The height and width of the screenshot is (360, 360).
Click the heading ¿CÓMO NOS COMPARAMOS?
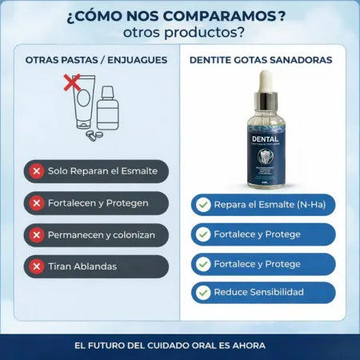click(179, 16)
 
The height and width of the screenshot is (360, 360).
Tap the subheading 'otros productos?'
click(179, 34)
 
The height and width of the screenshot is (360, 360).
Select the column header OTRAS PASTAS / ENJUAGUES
click(97, 59)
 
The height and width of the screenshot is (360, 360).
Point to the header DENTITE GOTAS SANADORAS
click(261, 59)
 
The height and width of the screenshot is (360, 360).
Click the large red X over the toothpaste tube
click(73, 82)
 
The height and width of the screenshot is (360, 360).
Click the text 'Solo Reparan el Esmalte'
click(103, 171)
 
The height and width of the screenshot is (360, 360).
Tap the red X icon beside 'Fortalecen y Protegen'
click(36, 203)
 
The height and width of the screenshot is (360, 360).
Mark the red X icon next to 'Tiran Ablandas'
click(36, 266)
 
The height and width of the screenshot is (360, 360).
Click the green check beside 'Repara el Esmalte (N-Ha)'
click(203, 205)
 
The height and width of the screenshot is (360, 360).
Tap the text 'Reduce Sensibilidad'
click(258, 292)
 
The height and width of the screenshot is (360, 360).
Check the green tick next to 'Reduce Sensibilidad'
click(203, 293)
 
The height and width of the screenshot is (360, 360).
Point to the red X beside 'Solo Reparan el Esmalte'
click(36, 171)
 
